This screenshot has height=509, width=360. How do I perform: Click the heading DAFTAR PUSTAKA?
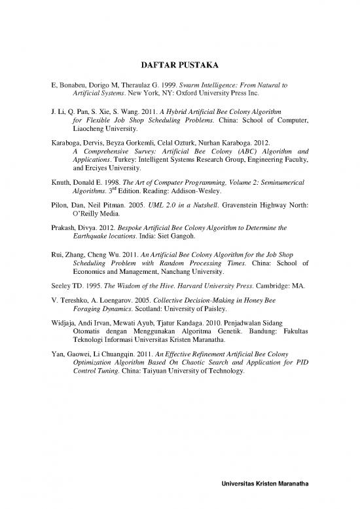click(x=180, y=65)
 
